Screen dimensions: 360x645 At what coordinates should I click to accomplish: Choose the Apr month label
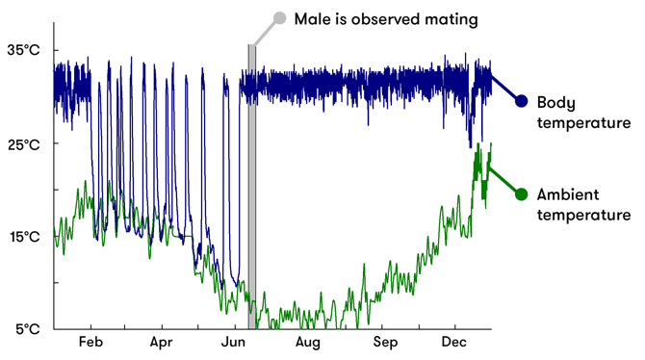(161, 343)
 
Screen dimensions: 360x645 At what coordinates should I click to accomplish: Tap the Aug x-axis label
(307, 343)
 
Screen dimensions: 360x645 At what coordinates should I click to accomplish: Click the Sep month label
(384, 343)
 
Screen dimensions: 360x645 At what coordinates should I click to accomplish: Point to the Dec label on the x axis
(454, 343)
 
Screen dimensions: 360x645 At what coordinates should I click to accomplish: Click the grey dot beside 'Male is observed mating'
(280, 17)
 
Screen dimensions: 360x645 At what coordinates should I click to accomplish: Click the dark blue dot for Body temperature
(522, 101)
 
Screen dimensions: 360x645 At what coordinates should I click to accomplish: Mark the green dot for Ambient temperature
(522, 193)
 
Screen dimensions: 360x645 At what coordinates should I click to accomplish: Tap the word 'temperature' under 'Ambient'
(583, 216)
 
